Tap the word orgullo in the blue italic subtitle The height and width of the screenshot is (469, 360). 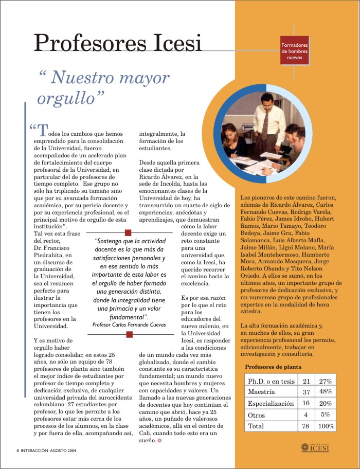click(x=71, y=97)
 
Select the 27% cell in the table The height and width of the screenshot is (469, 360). click(x=325, y=381)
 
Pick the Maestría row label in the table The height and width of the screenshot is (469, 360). click(x=262, y=392)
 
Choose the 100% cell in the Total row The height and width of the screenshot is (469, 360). click(x=326, y=426)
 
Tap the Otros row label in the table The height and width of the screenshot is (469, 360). click(x=257, y=415)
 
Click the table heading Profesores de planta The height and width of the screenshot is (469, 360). click(x=273, y=367)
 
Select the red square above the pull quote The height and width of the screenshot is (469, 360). click(x=129, y=233)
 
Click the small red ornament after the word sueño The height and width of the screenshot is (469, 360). click(x=160, y=441)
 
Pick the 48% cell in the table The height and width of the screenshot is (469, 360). click(x=325, y=392)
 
